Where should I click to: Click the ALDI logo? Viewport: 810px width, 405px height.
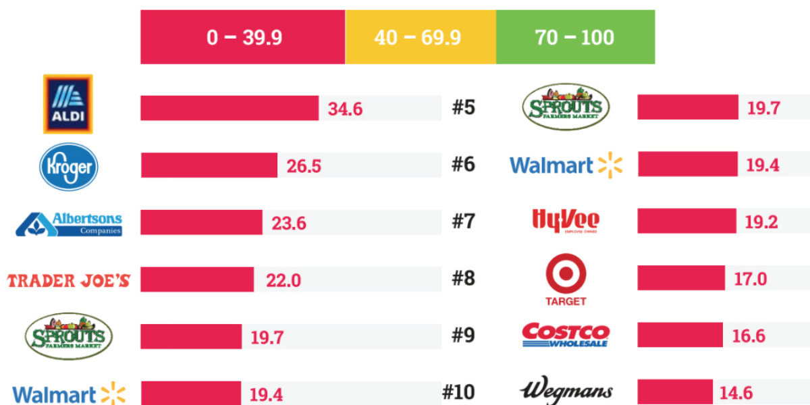pyautogui.click(x=67, y=104)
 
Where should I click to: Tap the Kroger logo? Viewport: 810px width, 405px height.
pyautogui.click(x=69, y=166)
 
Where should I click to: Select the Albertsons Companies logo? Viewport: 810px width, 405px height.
pyautogui.click(x=69, y=223)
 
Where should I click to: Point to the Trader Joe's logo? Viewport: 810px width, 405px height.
pyautogui.click(x=68, y=280)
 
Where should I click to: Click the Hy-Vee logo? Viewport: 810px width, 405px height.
pyautogui.click(x=566, y=220)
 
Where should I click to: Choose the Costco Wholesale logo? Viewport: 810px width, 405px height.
pyautogui.click(x=566, y=335)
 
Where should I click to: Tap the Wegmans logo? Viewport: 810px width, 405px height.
pyautogui.click(x=566, y=391)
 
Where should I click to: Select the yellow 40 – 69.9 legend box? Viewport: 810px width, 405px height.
pyautogui.click(x=420, y=37)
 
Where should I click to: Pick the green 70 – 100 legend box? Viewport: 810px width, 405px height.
pyautogui.click(x=575, y=37)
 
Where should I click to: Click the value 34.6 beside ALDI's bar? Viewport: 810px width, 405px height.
pyautogui.click(x=345, y=109)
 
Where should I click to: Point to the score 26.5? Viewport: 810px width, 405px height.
pyautogui.click(x=304, y=166)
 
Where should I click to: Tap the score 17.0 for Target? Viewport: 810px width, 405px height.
pyautogui.click(x=750, y=278)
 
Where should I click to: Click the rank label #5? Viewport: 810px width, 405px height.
pyautogui.click(x=464, y=108)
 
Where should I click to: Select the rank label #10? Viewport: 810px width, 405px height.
pyautogui.click(x=459, y=392)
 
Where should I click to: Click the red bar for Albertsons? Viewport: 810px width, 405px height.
pyautogui.click(x=201, y=222)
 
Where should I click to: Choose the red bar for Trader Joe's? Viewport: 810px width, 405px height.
pyautogui.click(x=197, y=279)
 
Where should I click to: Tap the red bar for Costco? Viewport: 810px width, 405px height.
pyautogui.click(x=680, y=335)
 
